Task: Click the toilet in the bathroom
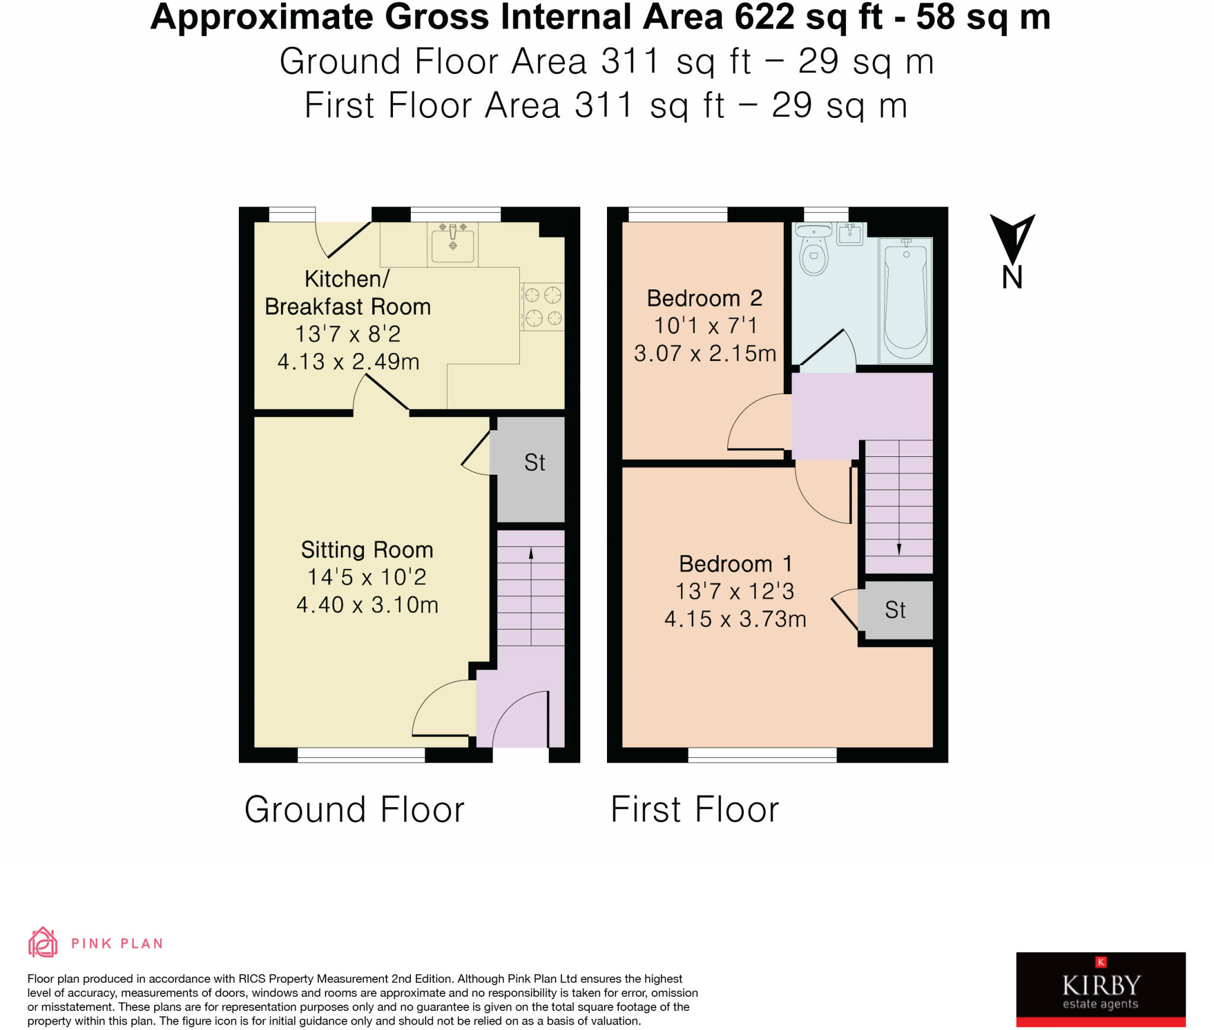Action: pyautogui.click(x=814, y=249)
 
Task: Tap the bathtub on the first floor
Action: pyautogui.click(x=906, y=300)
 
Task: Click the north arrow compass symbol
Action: pyautogui.click(x=1012, y=239)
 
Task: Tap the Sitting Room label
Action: pyautogui.click(x=367, y=549)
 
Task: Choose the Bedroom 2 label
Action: pyautogui.click(x=704, y=298)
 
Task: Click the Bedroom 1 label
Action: pyautogui.click(x=735, y=564)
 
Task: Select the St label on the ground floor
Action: pyautogui.click(x=535, y=462)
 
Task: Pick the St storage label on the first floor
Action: pyautogui.click(x=895, y=610)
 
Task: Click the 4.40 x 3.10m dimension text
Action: pyautogui.click(x=367, y=604)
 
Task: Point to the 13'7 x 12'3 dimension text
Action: pyautogui.click(x=735, y=591)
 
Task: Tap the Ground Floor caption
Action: pyautogui.click(x=354, y=810)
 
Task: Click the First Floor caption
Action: pyautogui.click(x=695, y=810)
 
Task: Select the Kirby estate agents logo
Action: pyautogui.click(x=1101, y=989)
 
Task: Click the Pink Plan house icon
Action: pyautogui.click(x=43, y=942)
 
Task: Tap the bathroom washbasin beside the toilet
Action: pyautogui.click(x=850, y=234)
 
